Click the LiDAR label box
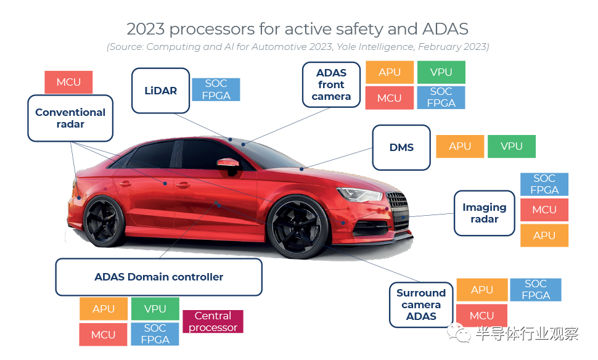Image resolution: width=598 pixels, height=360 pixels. tap(161, 91)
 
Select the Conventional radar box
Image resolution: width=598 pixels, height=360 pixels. tap(70, 118)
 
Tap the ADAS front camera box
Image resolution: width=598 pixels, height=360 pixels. tap(331, 84)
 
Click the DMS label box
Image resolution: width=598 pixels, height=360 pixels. tap(401, 147)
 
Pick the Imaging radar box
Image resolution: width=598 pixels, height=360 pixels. tap(485, 213)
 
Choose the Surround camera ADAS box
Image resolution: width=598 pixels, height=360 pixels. tap(420, 305)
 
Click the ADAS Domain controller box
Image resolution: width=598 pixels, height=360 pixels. tap(158, 277)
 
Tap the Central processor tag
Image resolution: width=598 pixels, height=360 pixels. tap(213, 321)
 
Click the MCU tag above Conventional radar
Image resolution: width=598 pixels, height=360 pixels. tap(68, 82)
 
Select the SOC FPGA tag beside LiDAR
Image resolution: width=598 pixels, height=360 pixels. tap(216, 89)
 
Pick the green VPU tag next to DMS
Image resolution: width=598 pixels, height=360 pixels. tap(512, 146)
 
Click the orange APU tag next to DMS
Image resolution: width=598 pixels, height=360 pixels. tap(460, 146)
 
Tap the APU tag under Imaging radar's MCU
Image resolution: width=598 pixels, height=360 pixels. tap(544, 235)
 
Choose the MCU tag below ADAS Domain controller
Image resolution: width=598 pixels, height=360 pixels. tap(103, 334)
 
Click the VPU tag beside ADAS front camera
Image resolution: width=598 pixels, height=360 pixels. tap(441, 72)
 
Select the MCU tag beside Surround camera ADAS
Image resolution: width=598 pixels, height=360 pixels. tap(481, 316)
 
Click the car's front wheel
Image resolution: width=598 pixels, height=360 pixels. tap(296, 226)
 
